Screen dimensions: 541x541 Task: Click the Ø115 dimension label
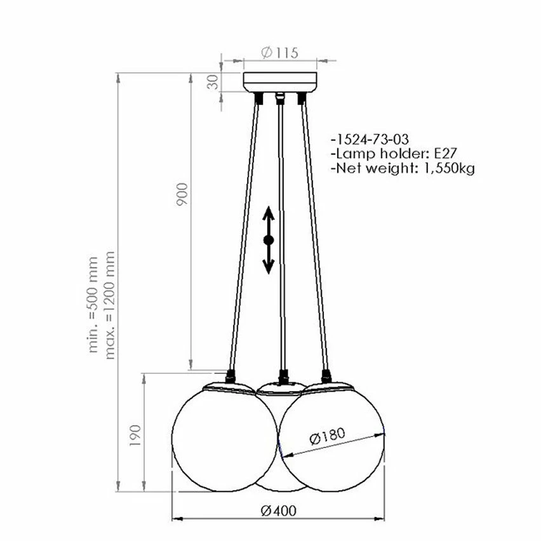click(x=279, y=53)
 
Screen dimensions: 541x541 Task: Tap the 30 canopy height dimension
click(x=214, y=82)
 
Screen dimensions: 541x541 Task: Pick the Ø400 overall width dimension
click(x=278, y=510)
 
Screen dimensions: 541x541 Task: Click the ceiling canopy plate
click(x=280, y=83)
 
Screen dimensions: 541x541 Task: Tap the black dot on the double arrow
click(x=268, y=240)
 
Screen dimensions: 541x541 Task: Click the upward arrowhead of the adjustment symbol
click(x=268, y=213)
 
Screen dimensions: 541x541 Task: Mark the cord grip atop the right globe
click(x=326, y=376)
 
